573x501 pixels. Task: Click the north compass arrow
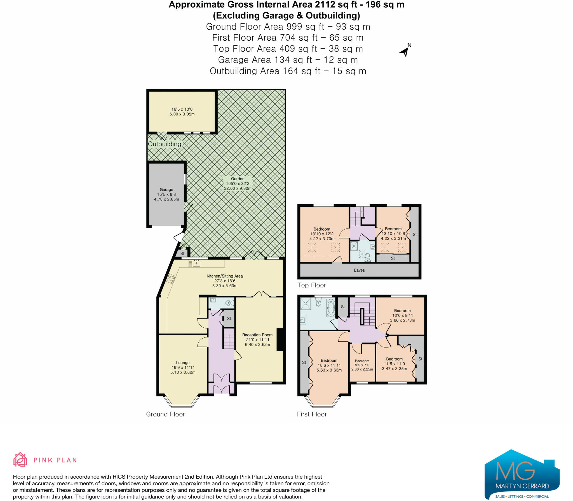point(405,52)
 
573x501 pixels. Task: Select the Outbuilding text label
point(165,144)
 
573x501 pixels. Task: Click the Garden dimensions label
point(238,184)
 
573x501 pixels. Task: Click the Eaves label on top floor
point(359,270)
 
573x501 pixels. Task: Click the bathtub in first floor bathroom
point(331,308)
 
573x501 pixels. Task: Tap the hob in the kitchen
point(171,279)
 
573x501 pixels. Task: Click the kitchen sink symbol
point(196,263)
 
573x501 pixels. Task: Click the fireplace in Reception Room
point(280,339)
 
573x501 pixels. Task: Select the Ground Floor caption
point(165,414)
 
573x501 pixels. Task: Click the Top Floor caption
point(311,285)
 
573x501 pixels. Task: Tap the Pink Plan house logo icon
point(20,460)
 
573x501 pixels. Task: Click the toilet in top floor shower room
point(368,257)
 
